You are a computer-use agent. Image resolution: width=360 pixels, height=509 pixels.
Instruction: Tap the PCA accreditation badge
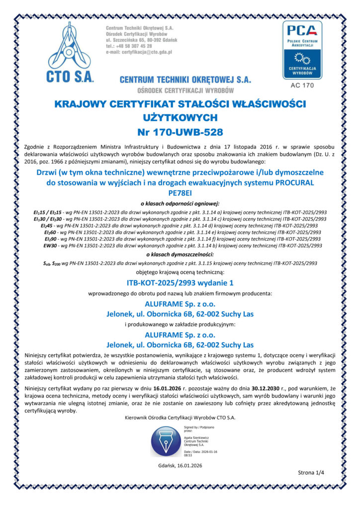tap(302, 49)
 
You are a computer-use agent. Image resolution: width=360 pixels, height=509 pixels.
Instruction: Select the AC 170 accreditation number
tap(302, 85)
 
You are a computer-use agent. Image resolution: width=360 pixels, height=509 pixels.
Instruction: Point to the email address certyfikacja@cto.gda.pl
tap(139, 52)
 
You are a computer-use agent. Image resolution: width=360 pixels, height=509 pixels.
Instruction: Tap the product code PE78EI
tap(180, 193)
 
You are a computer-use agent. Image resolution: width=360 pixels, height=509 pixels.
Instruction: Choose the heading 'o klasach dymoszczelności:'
tap(180, 254)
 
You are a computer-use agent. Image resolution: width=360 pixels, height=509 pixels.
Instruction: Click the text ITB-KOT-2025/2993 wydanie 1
tap(180, 283)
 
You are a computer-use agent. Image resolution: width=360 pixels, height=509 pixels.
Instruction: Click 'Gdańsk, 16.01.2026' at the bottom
tap(180, 465)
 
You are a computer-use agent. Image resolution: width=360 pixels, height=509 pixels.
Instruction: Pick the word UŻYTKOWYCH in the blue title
tap(180, 118)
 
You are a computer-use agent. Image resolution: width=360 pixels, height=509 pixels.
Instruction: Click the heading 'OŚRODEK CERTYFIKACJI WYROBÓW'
tap(185, 90)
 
